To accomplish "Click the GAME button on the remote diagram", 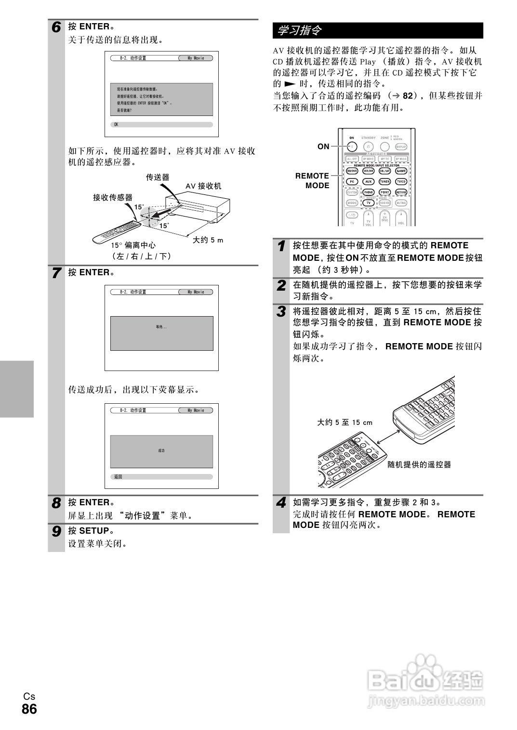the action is [x=401, y=171].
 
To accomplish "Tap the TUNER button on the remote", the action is [x=384, y=181].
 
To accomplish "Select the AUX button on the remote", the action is [x=368, y=181].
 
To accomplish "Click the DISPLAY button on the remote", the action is [x=401, y=147].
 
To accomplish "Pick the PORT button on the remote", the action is [x=384, y=192].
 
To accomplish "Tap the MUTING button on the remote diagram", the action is [x=401, y=203].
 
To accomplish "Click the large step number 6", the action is [x=57, y=27].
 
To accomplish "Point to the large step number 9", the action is [x=57, y=532].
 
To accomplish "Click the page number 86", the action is [x=29, y=709].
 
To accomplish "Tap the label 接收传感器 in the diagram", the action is [x=113, y=197].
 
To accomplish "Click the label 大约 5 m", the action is [x=208, y=240].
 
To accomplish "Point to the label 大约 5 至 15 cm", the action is [x=345, y=423].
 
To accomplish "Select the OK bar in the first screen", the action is [x=161, y=125].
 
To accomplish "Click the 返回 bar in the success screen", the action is [x=161, y=477].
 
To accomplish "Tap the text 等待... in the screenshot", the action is [x=161, y=327].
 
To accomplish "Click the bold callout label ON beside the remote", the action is [x=323, y=147].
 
